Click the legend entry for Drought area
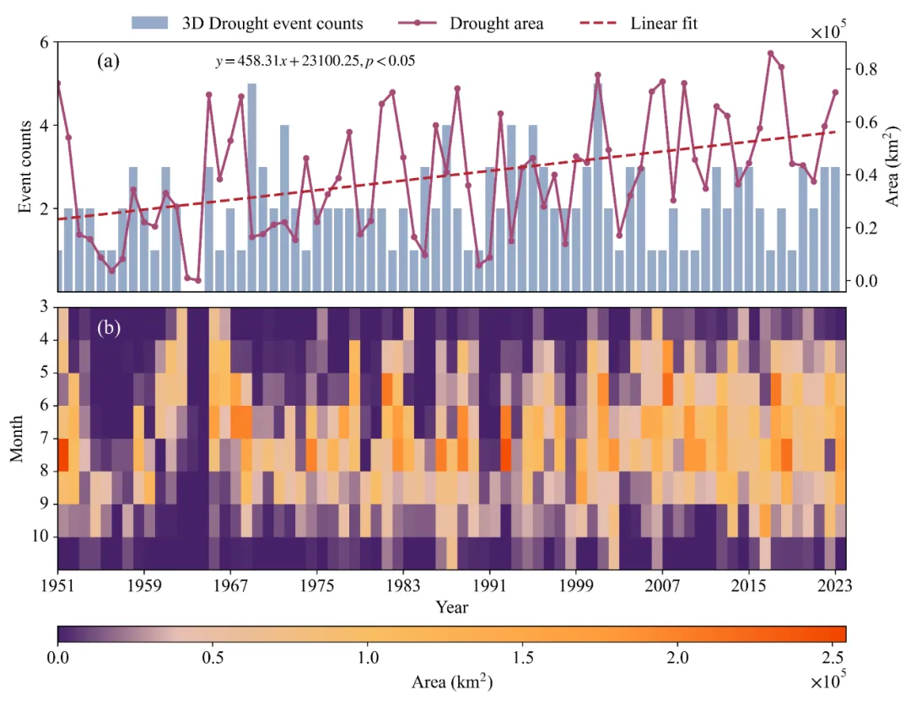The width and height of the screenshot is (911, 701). coord(496,23)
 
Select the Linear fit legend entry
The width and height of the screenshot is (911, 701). coord(664,23)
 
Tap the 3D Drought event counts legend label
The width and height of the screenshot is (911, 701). coord(272,23)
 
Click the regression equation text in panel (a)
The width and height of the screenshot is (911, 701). coord(315,62)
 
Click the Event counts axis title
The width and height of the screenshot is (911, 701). coord(26,166)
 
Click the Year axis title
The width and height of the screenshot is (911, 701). coord(452,607)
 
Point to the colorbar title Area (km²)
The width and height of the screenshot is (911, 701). coord(452,681)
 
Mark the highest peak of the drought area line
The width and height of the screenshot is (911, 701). coord(770,53)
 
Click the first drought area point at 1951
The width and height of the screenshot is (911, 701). coord(58,83)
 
